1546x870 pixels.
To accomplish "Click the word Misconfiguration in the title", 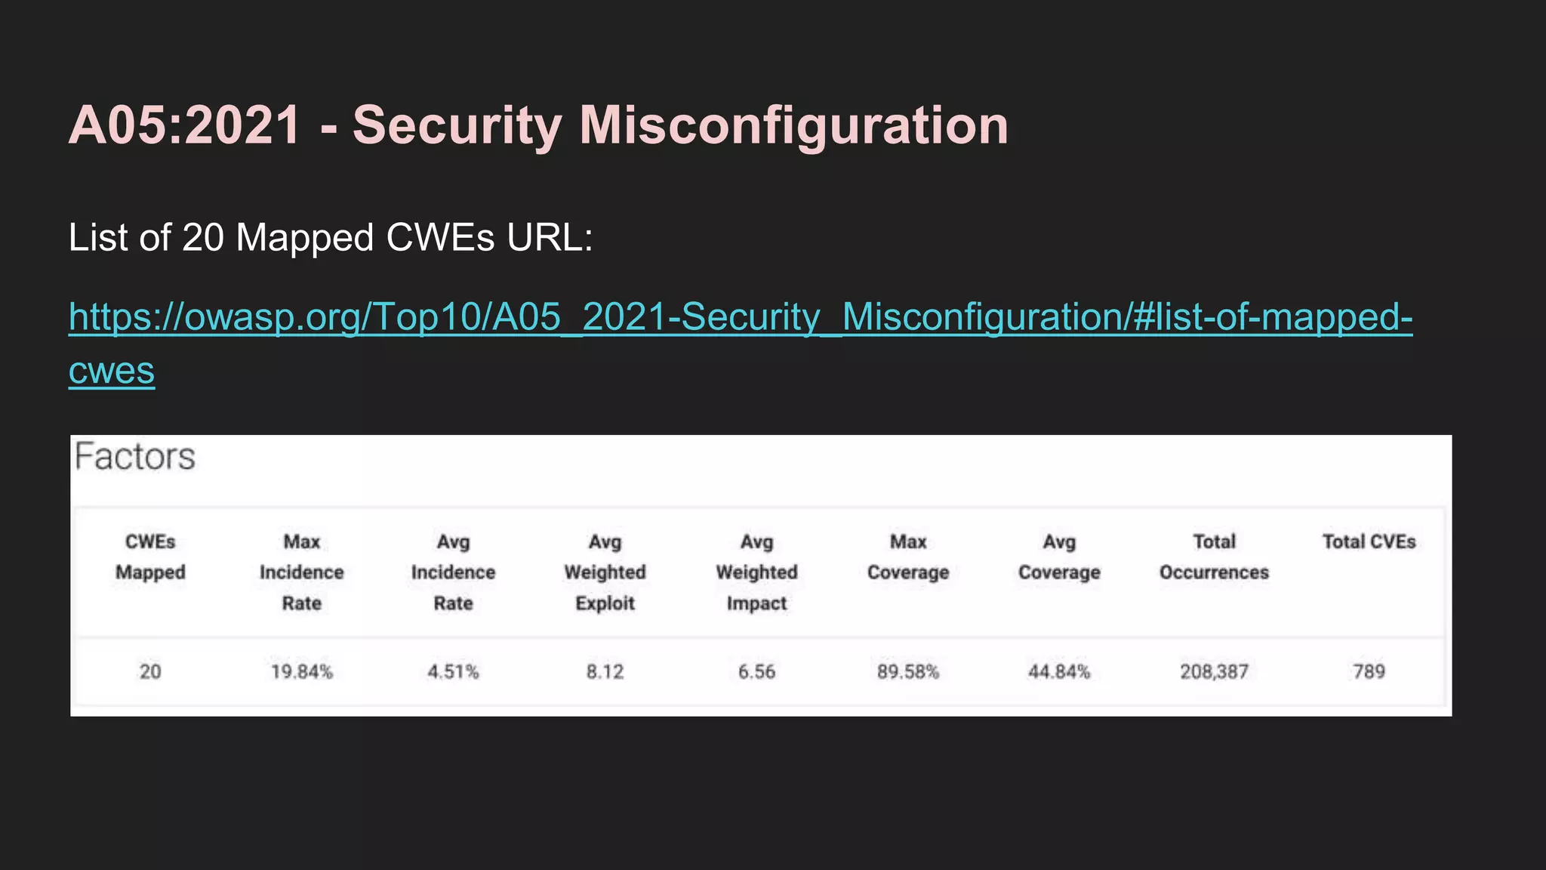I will tap(793, 125).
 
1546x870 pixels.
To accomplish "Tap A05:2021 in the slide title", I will tap(185, 125).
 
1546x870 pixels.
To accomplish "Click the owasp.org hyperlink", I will tap(740, 317).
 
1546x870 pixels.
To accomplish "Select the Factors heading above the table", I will tap(135, 457).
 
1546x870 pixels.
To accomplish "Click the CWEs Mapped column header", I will tap(150, 557).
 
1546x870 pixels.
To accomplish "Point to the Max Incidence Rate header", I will tap(302, 572).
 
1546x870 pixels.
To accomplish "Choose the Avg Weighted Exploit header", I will tap(605, 572).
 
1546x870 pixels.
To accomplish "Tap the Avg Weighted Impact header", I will tap(756, 572).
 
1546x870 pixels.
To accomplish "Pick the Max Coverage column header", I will tap(908, 557).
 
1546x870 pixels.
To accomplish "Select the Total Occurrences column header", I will tap(1214, 557).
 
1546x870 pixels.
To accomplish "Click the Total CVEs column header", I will tap(1369, 541).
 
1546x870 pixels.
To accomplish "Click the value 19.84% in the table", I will tap(302, 671).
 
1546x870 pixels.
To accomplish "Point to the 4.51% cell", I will tap(453, 671).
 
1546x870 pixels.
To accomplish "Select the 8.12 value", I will tap(605, 671).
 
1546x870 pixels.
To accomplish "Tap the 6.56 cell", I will tap(756, 671).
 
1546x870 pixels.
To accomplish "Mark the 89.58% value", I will tap(908, 671).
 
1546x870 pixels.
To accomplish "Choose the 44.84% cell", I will tap(1059, 671).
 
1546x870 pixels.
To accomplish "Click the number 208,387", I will tap(1214, 671).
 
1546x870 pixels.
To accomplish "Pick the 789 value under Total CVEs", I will tap(1369, 671).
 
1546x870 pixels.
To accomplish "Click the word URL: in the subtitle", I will tap(550, 238).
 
